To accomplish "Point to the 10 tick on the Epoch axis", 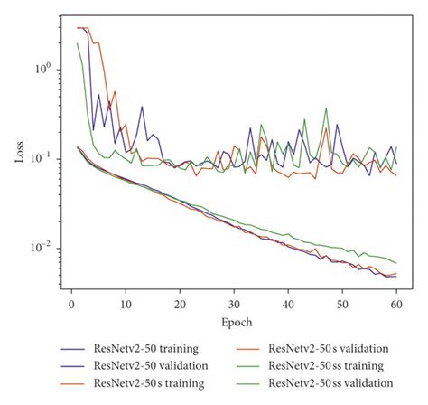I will click(126, 306).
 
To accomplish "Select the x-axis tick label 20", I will click(181, 306).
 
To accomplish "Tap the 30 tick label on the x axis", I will click(235, 306).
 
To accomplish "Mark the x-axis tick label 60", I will click(397, 306).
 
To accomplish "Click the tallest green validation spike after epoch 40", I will click(326, 109).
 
